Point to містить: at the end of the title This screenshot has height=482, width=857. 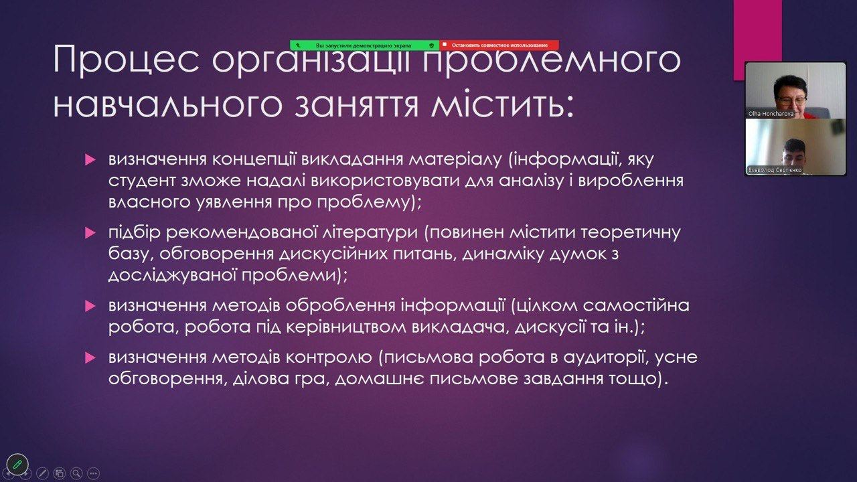(502, 104)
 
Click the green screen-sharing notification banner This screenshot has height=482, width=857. (365, 45)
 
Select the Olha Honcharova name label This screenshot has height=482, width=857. (771, 114)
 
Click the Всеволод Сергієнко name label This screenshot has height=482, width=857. (775, 170)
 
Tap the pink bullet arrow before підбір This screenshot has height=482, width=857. (90, 232)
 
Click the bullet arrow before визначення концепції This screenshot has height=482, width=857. (90, 159)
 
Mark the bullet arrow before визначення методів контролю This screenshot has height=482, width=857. (90, 357)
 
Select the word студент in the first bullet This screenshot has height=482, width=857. (142, 181)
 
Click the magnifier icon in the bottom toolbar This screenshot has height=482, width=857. (76, 473)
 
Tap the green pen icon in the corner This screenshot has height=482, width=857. (17, 465)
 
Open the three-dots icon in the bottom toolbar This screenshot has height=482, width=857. (93, 473)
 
